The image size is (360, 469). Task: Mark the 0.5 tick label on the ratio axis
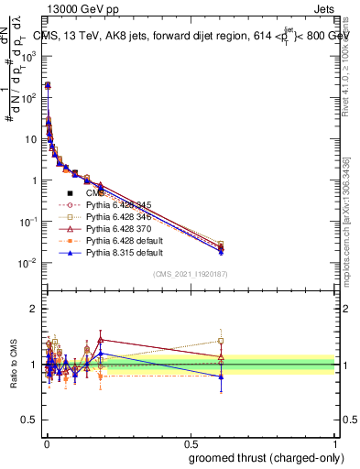[30, 422]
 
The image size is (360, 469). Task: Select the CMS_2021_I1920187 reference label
[191, 275]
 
